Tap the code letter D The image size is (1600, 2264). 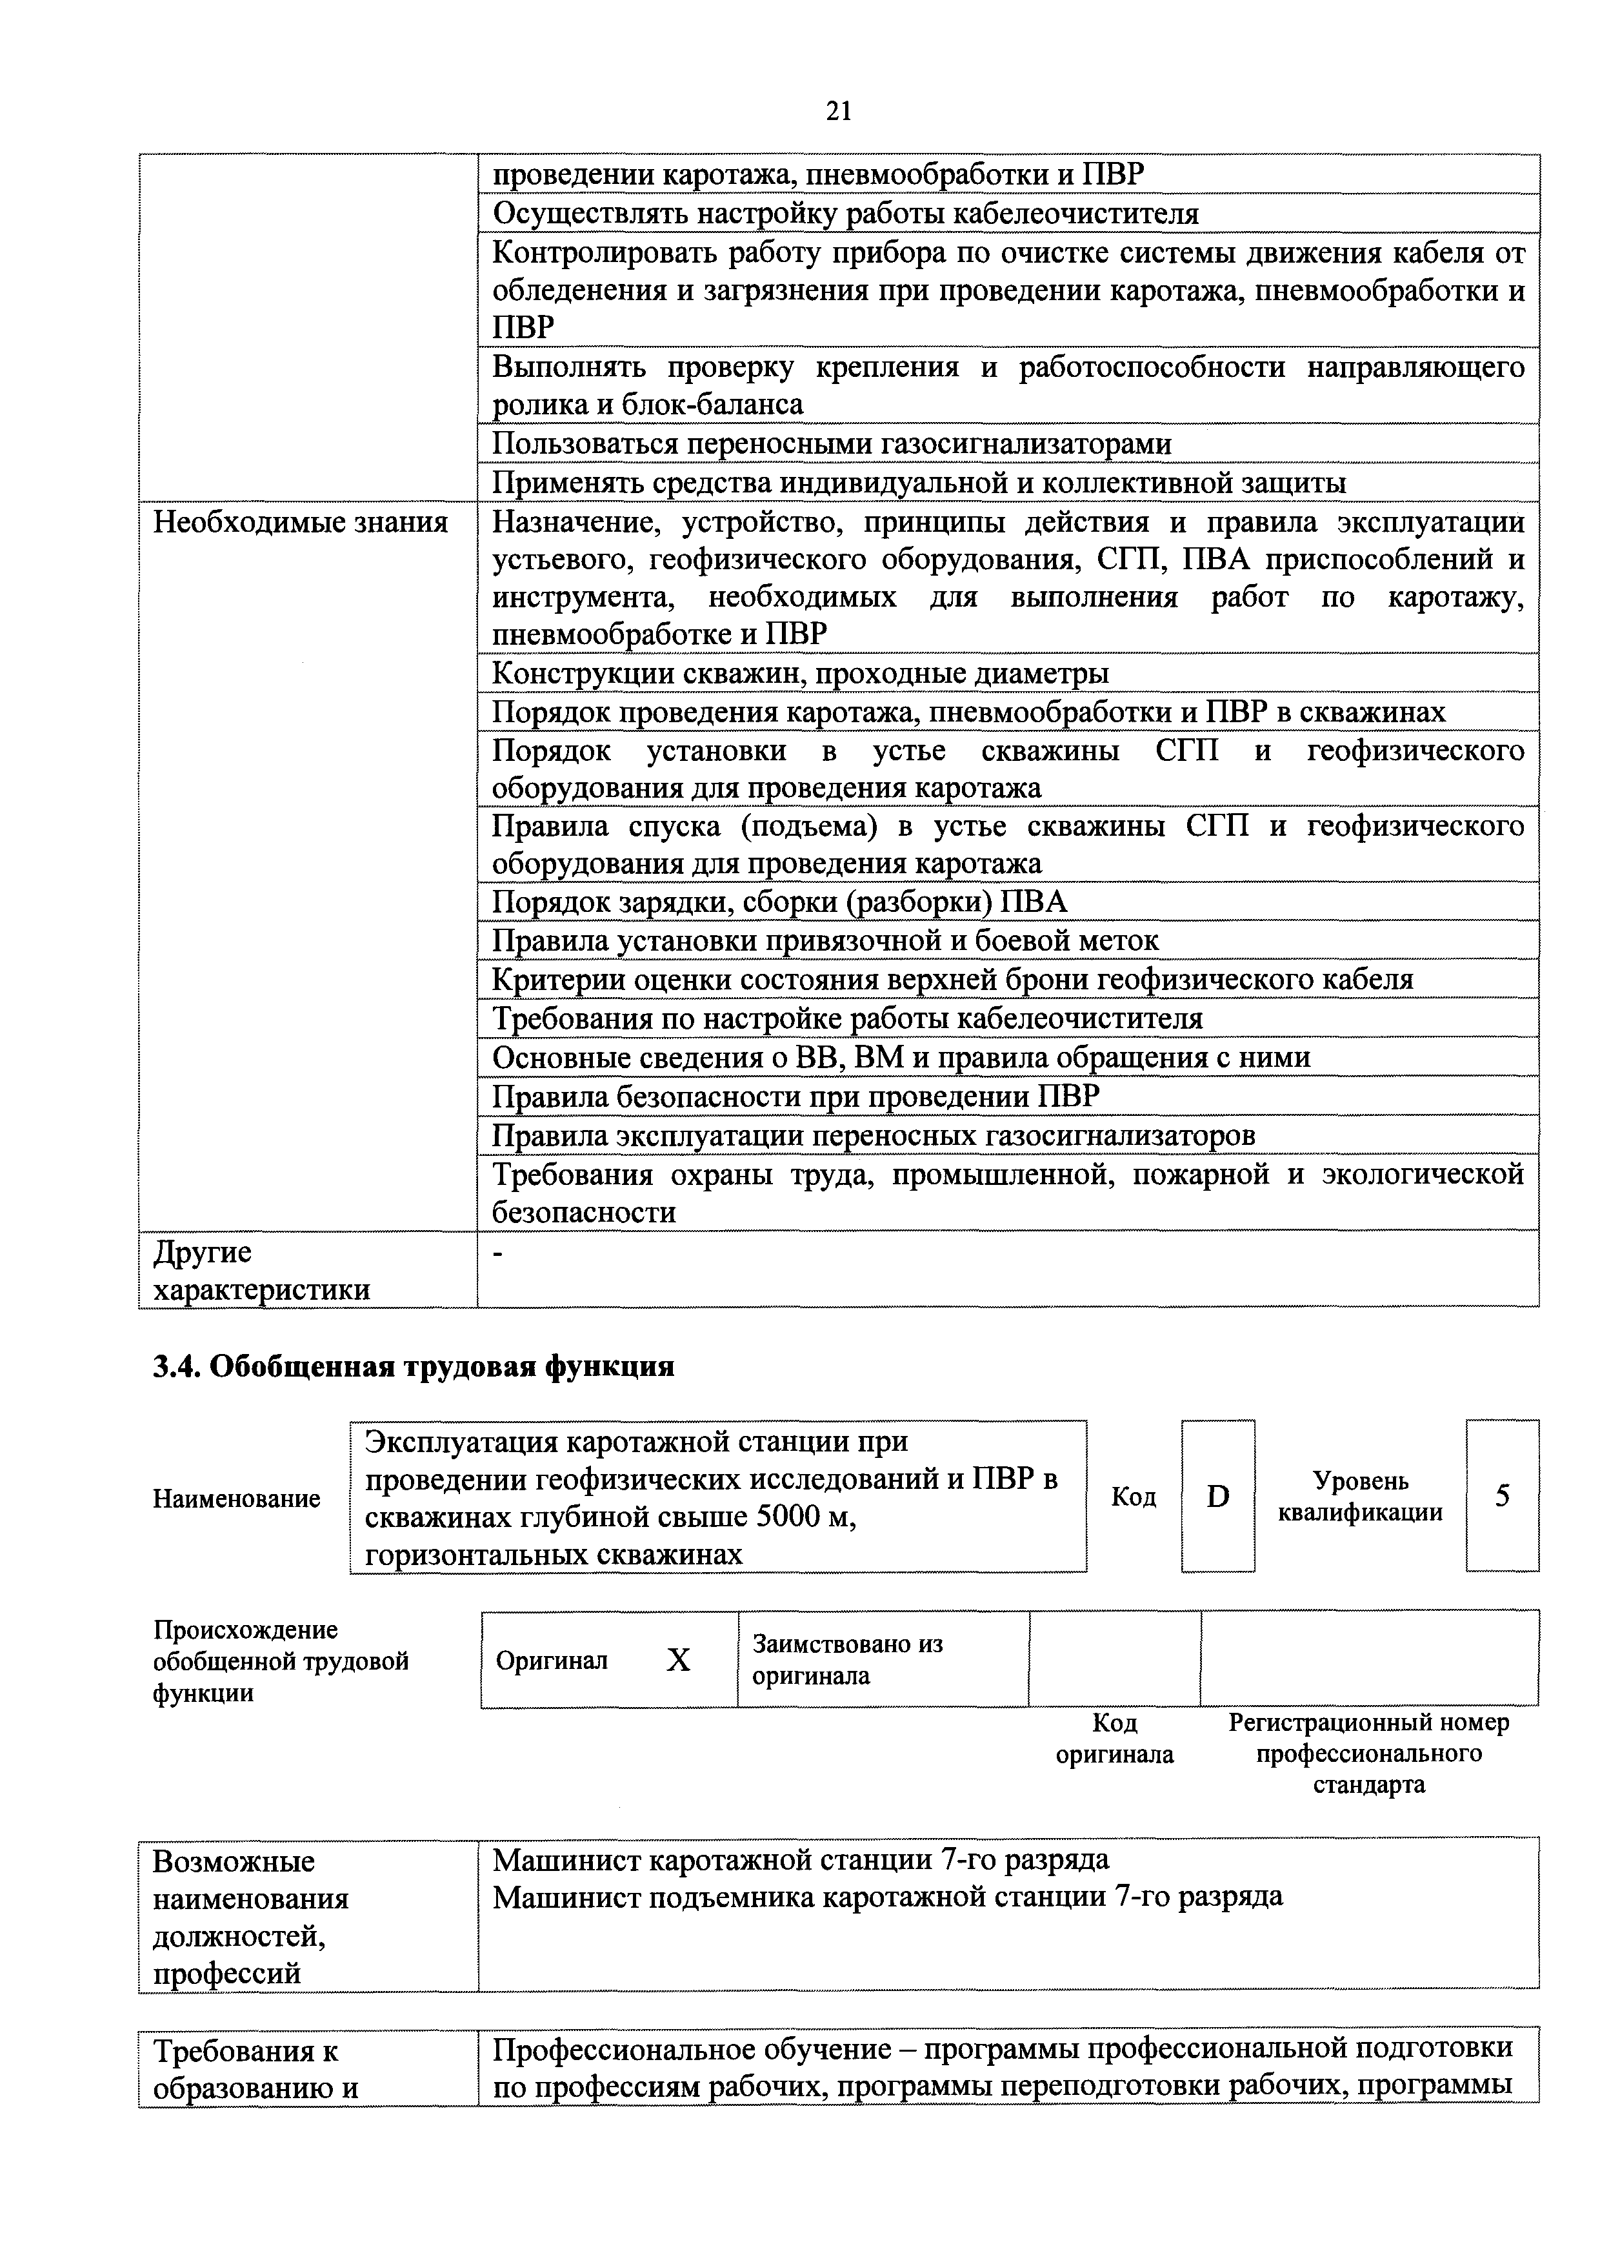pyautogui.click(x=1219, y=1497)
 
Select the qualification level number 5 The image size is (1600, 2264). pyautogui.click(x=1501, y=1496)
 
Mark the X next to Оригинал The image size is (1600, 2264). pyautogui.click(x=678, y=1661)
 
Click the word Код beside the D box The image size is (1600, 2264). pyautogui.click(x=1134, y=1497)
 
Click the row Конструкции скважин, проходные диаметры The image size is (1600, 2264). pyautogui.click(x=801, y=674)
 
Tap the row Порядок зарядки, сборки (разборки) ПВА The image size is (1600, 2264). pyautogui.click(x=779, y=902)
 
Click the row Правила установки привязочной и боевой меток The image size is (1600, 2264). pyautogui.click(x=825, y=941)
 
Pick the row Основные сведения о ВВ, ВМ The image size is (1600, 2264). pyautogui.click(x=901, y=1058)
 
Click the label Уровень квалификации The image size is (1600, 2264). pyautogui.click(x=1361, y=1497)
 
